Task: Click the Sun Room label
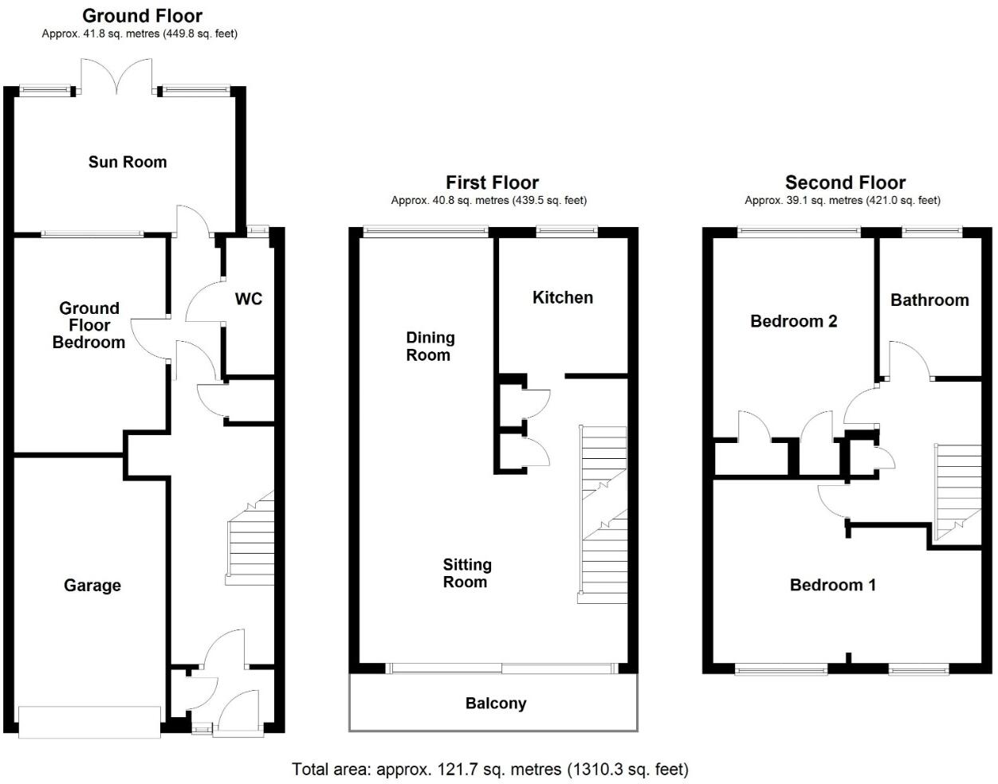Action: click(x=128, y=162)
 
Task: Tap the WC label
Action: click(x=249, y=299)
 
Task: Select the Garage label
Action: click(x=92, y=586)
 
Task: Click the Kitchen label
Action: click(x=563, y=297)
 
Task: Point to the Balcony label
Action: click(x=496, y=704)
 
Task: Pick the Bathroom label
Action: click(x=929, y=300)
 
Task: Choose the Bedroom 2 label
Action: click(x=794, y=321)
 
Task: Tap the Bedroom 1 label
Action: click(x=833, y=585)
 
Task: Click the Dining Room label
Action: click(x=430, y=346)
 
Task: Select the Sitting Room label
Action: click(x=467, y=573)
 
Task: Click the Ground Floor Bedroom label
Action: click(x=89, y=325)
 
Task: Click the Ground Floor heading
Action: click(x=143, y=16)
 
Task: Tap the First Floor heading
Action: click(x=493, y=182)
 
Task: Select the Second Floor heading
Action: click(x=846, y=182)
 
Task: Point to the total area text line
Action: click(x=490, y=770)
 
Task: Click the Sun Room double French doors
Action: click(x=116, y=76)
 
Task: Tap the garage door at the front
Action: click(x=89, y=723)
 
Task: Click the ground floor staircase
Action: click(x=249, y=538)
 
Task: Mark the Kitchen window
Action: click(x=568, y=231)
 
